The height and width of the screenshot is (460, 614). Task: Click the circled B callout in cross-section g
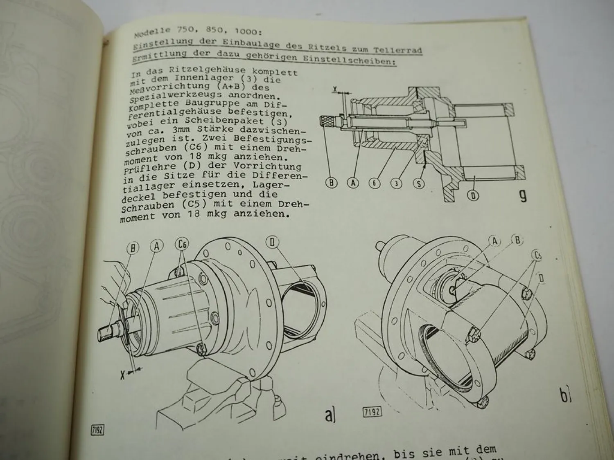pos(331,183)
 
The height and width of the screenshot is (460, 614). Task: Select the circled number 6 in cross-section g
pos(374,183)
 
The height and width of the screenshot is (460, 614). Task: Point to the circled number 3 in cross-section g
pos(396,183)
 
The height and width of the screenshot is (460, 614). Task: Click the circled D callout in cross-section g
pos(473,195)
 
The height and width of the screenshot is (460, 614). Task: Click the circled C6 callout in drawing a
pos(182,245)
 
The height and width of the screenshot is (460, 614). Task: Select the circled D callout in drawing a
pos(272,242)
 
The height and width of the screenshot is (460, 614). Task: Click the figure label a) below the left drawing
pos(330,415)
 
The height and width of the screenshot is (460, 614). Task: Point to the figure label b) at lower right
pos(566,395)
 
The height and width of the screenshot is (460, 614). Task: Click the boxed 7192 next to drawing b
pos(372,412)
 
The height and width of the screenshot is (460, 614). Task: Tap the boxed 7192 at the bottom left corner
pos(97,430)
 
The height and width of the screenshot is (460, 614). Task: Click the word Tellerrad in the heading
pos(397,50)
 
